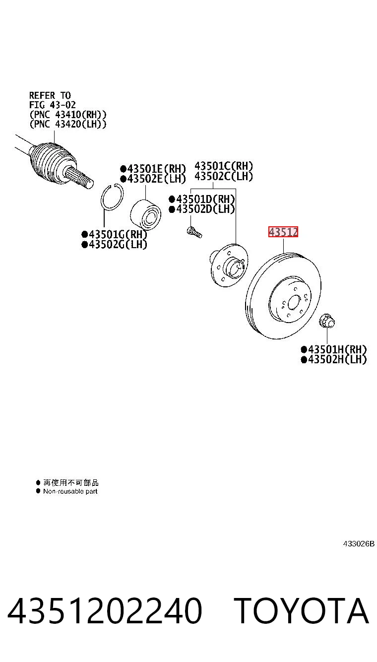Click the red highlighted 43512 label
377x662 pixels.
[x=283, y=232]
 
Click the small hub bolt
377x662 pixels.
[x=194, y=232]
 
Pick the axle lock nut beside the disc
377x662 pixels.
[x=327, y=321]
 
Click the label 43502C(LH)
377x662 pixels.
[x=224, y=176]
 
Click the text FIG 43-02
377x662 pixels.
[x=52, y=105]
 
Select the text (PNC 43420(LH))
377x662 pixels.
[x=67, y=124]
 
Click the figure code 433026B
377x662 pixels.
[x=359, y=543]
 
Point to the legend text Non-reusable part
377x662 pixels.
[x=70, y=491]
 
